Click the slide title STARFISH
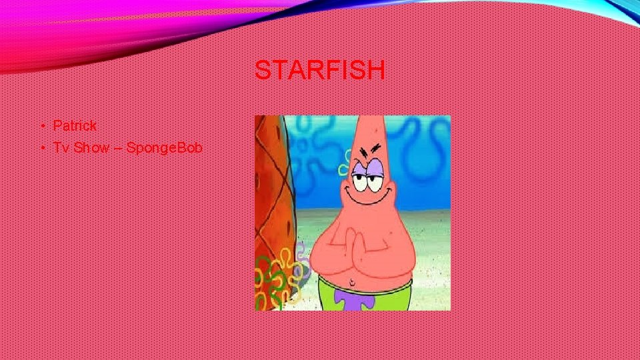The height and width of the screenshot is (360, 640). tap(319, 70)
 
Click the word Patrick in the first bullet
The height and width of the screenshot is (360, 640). tap(75, 125)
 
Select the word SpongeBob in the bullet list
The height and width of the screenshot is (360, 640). tap(164, 147)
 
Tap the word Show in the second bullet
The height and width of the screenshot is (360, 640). tap(91, 147)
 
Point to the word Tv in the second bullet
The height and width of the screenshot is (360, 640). tap(61, 147)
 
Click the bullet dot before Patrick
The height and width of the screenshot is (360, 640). tap(41, 126)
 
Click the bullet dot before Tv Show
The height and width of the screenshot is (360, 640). tap(41, 148)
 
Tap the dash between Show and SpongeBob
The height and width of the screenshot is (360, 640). tap(117, 148)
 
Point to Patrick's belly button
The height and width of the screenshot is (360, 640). tap(353, 279)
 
